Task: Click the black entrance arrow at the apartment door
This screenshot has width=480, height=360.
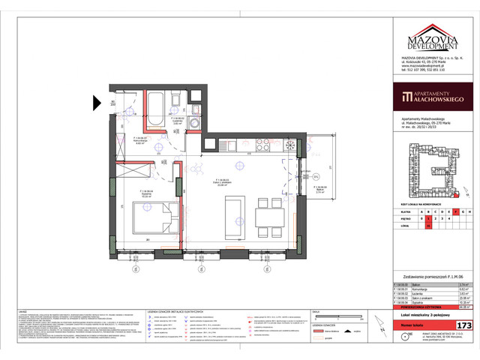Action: [x=97, y=103]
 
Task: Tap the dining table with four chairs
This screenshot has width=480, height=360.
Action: [x=267, y=218]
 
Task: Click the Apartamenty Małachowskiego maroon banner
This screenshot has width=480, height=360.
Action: [x=433, y=97]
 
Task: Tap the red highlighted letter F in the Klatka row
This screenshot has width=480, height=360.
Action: [x=455, y=212]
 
